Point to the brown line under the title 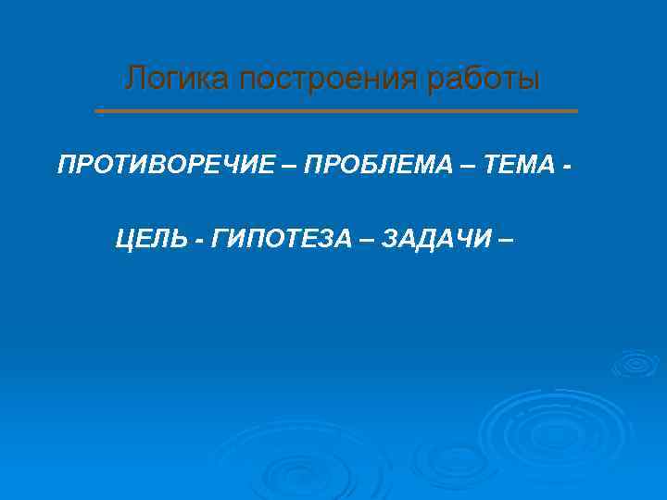(335, 111)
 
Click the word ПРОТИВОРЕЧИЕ (166, 165)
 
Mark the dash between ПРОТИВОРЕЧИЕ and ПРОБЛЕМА (289, 166)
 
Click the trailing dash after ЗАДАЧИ (505, 240)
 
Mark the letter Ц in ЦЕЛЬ (125, 239)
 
